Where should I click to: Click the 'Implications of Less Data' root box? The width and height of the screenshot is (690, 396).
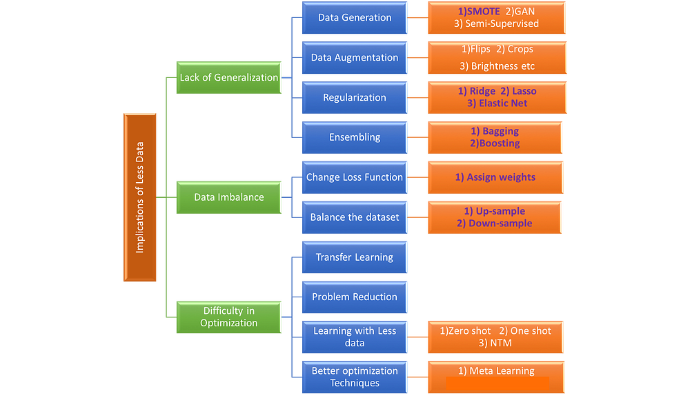(x=140, y=197)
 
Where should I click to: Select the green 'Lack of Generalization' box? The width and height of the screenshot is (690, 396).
(x=229, y=77)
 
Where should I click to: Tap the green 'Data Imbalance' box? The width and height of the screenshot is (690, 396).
(x=229, y=197)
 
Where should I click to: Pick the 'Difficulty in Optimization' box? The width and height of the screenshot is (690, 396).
(x=229, y=317)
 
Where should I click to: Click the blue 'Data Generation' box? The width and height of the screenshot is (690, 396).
(x=355, y=18)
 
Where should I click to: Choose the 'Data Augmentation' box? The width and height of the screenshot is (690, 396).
(x=355, y=58)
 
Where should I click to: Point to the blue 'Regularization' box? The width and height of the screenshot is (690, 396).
(x=355, y=98)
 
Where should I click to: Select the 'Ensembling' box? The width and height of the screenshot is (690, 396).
(x=355, y=137)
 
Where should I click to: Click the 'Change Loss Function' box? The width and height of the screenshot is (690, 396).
(x=355, y=177)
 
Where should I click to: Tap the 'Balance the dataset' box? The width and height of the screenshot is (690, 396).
(x=355, y=217)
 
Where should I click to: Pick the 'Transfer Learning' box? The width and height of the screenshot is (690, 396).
(x=355, y=257)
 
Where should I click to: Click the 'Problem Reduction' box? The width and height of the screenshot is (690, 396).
(x=355, y=297)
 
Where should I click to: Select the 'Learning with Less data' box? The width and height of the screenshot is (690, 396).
(x=355, y=337)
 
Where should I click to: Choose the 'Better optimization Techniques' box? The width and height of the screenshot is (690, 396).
(x=355, y=377)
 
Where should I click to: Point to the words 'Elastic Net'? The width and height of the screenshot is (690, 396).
(x=503, y=103)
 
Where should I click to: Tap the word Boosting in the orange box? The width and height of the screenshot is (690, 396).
(x=500, y=143)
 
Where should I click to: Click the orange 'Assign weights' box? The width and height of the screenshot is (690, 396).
(x=495, y=177)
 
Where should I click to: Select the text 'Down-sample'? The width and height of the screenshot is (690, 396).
(x=500, y=224)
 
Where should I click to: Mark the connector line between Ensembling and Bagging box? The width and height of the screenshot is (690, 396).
(x=417, y=137)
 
